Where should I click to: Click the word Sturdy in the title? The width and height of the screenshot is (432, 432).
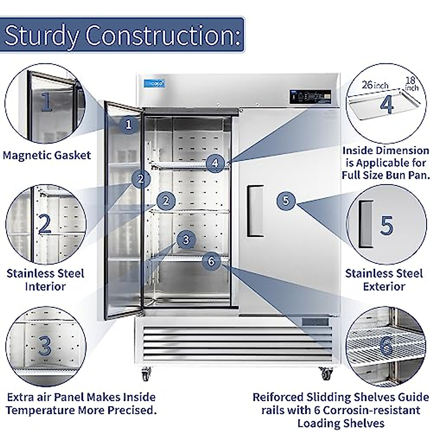[41, 35]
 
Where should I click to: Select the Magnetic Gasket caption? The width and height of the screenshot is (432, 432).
[47, 156]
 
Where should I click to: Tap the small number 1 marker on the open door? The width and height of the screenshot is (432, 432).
[129, 125]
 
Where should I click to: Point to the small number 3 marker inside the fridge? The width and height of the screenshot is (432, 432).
[186, 239]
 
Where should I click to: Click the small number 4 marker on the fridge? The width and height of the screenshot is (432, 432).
[215, 163]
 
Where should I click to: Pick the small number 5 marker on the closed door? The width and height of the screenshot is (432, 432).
[286, 200]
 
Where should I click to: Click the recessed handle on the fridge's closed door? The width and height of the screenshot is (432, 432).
[255, 211]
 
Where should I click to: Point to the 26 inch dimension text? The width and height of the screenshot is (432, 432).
[375, 85]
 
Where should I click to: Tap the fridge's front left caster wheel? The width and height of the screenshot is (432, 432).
[146, 375]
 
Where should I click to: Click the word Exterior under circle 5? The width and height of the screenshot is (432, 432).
[384, 287]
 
